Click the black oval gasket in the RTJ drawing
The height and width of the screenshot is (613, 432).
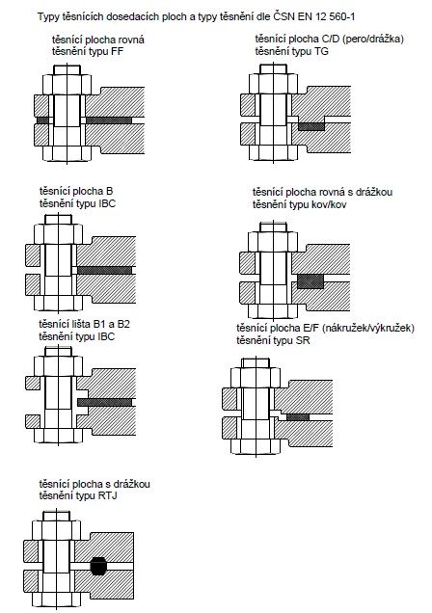click(x=98, y=566)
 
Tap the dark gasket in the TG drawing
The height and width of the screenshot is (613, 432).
click(x=311, y=126)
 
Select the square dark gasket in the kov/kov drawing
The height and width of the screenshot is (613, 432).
click(x=310, y=281)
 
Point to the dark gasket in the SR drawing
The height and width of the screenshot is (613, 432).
click(x=298, y=417)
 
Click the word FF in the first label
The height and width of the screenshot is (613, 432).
click(x=118, y=51)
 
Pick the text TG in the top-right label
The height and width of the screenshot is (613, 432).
click(x=321, y=51)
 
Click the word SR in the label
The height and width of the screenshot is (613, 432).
click(x=303, y=340)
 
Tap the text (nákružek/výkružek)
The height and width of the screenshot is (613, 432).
click(x=368, y=328)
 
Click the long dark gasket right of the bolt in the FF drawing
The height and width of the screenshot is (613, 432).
click(x=109, y=120)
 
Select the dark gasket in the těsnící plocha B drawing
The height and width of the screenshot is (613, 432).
click(x=104, y=270)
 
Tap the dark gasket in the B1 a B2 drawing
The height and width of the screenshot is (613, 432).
click(x=104, y=402)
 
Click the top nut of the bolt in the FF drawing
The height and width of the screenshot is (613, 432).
click(x=67, y=84)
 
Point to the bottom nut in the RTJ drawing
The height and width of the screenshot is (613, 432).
click(x=56, y=599)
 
